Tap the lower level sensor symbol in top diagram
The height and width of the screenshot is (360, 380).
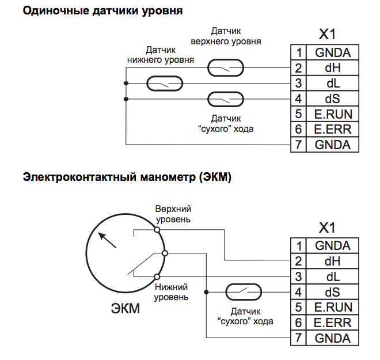click(165, 84)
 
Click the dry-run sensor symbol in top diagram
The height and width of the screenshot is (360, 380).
click(225, 99)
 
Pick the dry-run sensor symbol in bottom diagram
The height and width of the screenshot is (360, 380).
click(244, 292)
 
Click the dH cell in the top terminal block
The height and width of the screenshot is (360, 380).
click(332, 69)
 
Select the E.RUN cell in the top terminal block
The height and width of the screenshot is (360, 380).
click(332, 114)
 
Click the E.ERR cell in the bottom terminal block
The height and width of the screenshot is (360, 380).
click(332, 323)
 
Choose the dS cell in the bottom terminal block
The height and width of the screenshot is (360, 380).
click(332, 292)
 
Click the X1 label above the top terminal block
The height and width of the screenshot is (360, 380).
click(326, 34)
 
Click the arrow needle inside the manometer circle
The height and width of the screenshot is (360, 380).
click(107, 240)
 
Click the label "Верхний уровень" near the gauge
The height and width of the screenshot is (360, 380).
click(173, 214)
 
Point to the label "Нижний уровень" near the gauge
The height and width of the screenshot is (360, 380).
click(171, 292)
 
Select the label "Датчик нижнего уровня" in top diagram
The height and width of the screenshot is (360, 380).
click(160, 55)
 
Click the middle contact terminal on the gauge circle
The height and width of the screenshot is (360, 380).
click(165, 253)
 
